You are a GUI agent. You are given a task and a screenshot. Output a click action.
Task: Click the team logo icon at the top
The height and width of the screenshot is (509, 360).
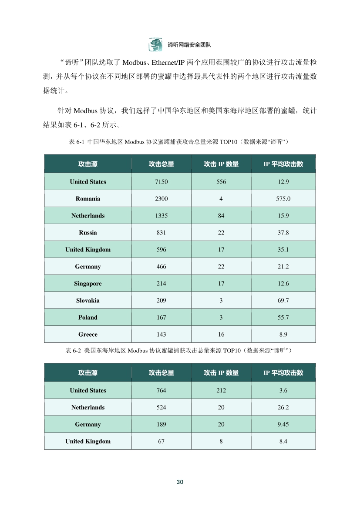tap(156, 44)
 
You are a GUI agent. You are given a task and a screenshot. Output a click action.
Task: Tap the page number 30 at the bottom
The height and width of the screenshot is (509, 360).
tap(180, 482)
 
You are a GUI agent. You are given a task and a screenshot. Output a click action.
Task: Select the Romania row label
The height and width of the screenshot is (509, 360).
tap(88, 199)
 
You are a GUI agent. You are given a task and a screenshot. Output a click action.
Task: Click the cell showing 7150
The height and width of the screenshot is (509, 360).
tap(161, 182)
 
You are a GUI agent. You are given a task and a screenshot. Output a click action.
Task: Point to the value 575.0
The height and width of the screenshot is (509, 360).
tap(283, 199)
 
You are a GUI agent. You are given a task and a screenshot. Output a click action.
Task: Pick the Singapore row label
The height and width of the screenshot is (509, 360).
tap(88, 284)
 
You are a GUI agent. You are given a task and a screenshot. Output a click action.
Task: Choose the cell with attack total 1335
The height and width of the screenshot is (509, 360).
tap(161, 216)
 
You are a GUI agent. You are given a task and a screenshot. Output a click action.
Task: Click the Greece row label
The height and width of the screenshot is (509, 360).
tap(88, 335)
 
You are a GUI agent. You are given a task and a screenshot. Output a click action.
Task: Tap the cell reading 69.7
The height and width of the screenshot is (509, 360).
tap(283, 301)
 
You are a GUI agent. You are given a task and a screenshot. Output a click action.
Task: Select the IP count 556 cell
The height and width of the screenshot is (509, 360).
tap(221, 182)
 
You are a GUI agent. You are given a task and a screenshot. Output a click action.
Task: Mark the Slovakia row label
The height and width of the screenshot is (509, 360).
tap(88, 301)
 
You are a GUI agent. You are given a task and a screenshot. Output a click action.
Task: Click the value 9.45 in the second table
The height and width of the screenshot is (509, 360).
tap(283, 425)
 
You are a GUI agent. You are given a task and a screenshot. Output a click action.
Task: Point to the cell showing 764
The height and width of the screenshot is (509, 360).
tap(161, 391)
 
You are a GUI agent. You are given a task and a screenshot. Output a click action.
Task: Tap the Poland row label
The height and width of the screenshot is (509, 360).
tap(88, 318)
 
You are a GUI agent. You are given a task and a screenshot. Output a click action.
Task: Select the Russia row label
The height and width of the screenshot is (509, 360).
tap(88, 233)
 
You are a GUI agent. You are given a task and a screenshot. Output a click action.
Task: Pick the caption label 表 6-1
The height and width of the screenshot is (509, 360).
tap(77, 142)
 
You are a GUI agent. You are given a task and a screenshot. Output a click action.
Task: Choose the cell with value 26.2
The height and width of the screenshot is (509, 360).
tap(283, 408)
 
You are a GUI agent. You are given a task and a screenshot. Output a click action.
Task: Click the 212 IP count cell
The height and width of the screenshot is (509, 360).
tap(221, 391)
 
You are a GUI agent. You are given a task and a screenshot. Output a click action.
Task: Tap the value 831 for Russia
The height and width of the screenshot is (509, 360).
tap(161, 233)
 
